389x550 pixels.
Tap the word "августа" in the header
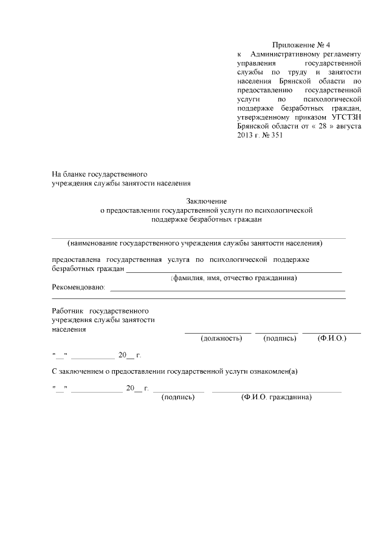point(348,126)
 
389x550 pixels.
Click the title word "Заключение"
point(206,201)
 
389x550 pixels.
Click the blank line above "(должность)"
point(218,332)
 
